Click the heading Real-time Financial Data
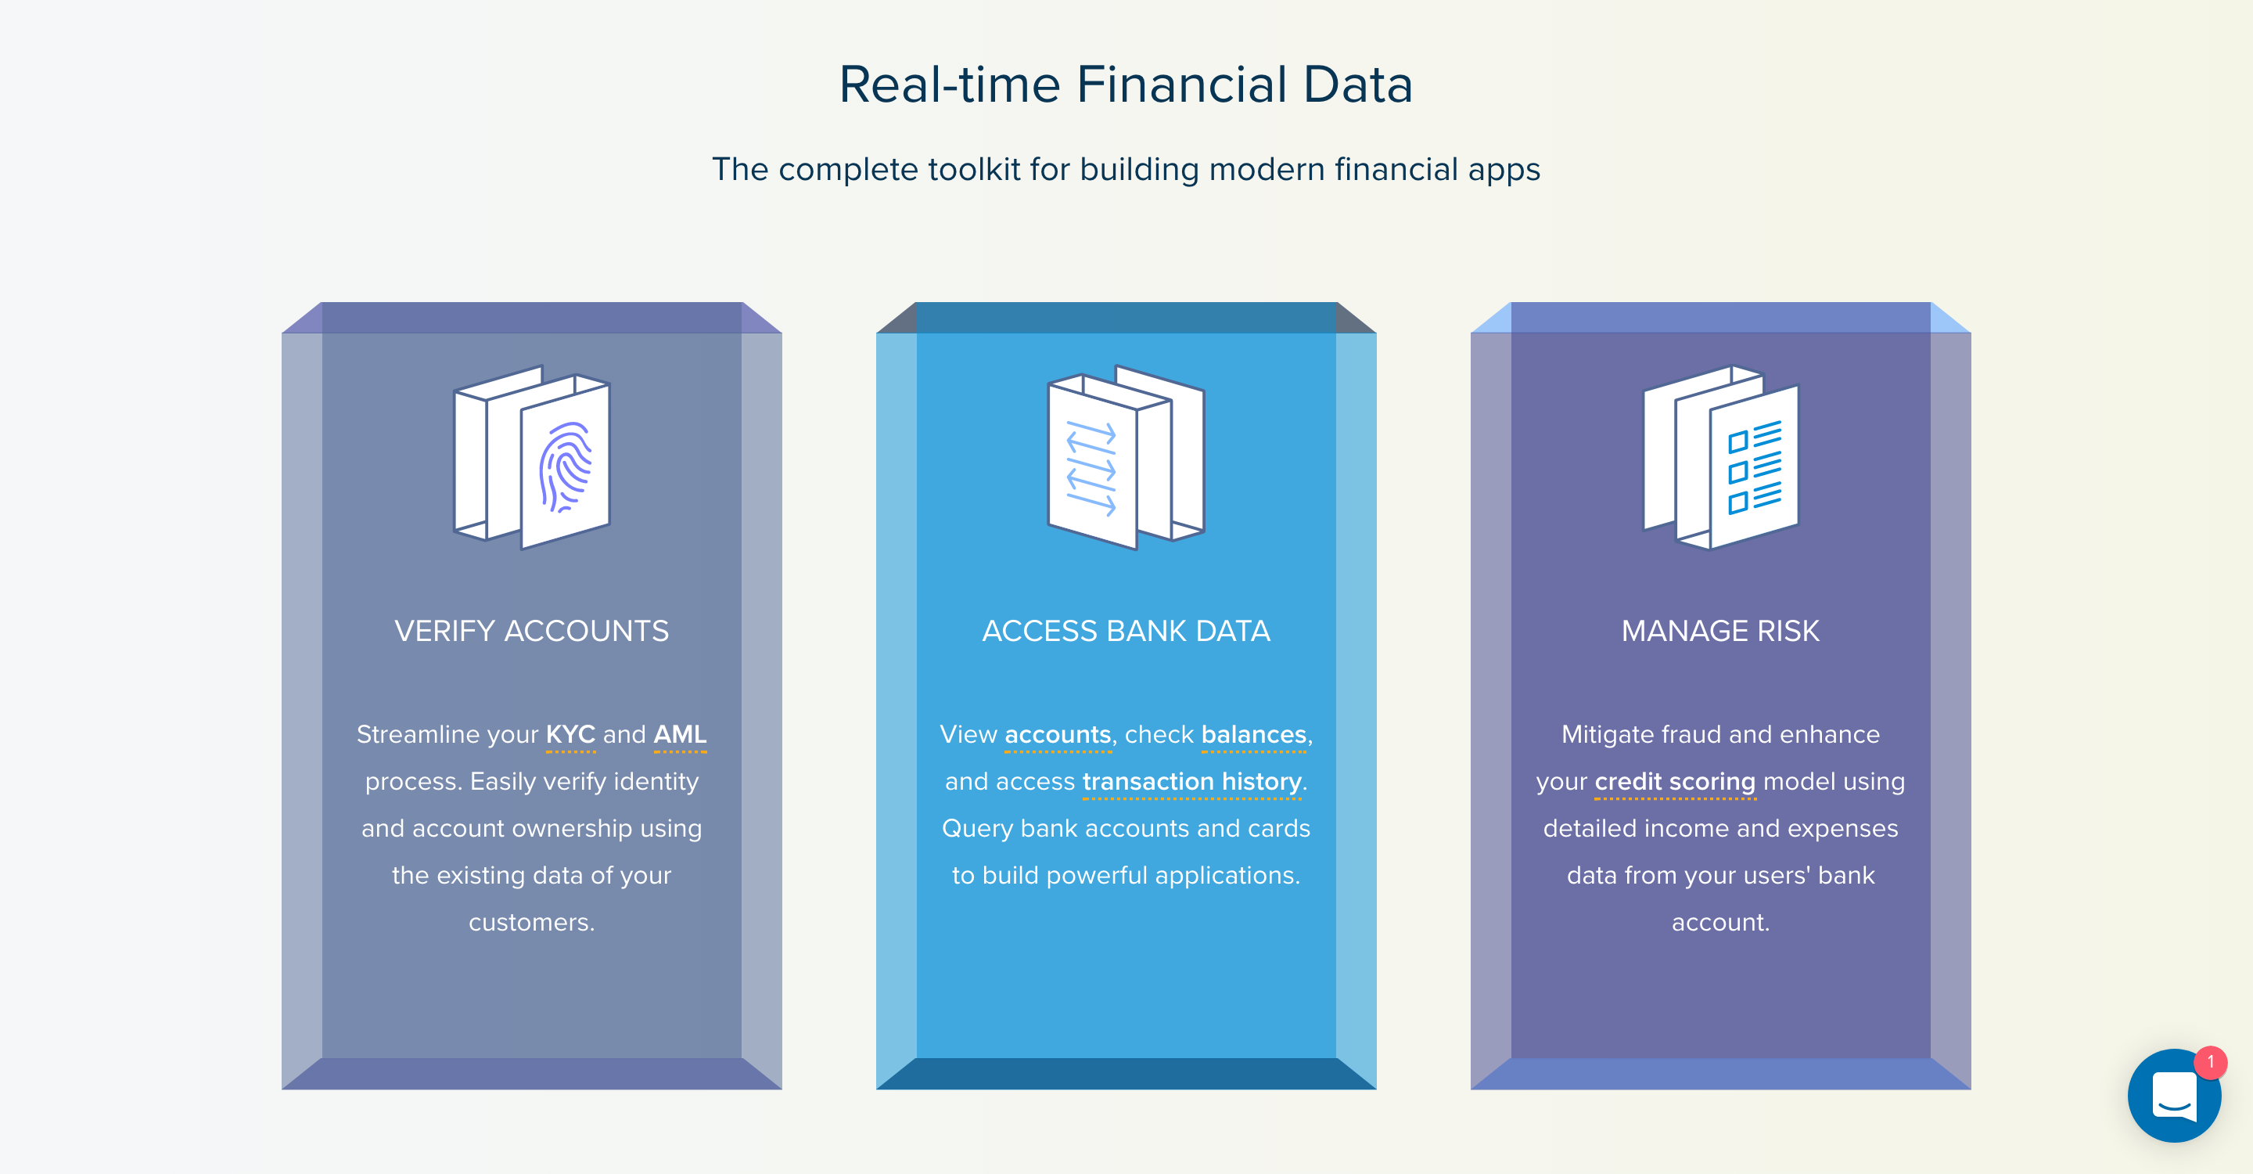tap(1126, 85)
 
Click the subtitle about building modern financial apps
tap(1126, 169)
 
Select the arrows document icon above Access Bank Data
tap(1126, 456)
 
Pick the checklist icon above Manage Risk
tap(1720, 456)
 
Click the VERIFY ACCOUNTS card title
tap(532, 631)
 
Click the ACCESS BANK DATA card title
tap(1126, 631)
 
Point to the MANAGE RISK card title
tap(1720, 631)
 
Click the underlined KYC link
tap(570, 735)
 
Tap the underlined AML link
tap(681, 735)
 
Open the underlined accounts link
tap(1058, 735)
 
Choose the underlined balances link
tap(1254, 735)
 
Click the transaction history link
tap(1191, 782)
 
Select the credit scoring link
tap(1675, 782)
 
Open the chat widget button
tap(2173, 1095)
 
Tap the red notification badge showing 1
tap(2210, 1062)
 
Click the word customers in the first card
tap(532, 922)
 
